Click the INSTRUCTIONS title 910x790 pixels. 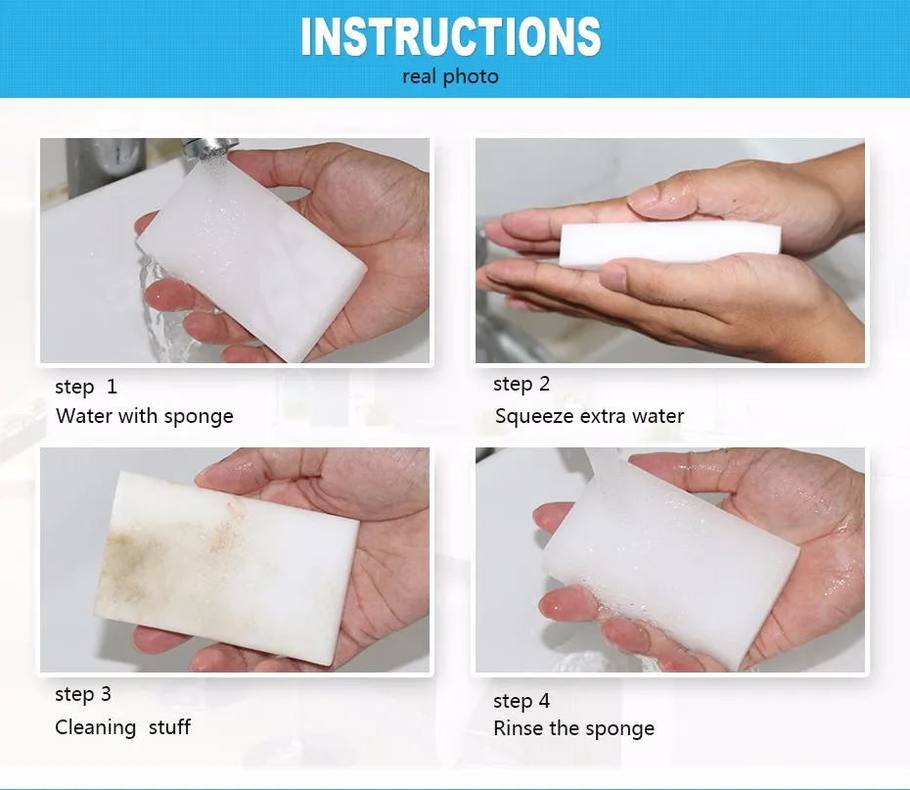pyautogui.click(x=451, y=36)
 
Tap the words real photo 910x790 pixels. pyautogui.click(x=450, y=76)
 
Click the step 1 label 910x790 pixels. pyautogui.click(x=86, y=387)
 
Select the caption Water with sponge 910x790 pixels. pyautogui.click(x=145, y=416)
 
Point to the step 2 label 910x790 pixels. pyautogui.click(x=522, y=385)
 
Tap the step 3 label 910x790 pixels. pyautogui.click(x=83, y=694)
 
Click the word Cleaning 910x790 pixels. pyautogui.click(x=96, y=727)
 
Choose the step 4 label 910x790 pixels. pyautogui.click(x=522, y=701)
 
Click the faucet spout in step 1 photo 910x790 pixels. pyautogui.click(x=209, y=148)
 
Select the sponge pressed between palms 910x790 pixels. pyautogui.click(x=669, y=244)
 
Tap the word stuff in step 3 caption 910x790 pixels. pyautogui.click(x=169, y=727)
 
